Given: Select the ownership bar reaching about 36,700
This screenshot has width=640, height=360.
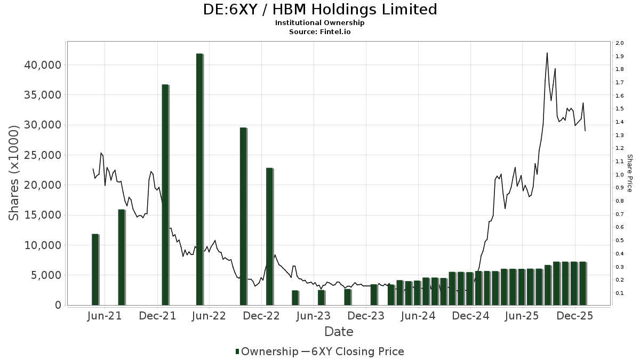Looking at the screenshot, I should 165,195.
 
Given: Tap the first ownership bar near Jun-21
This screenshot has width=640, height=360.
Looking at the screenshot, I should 95,269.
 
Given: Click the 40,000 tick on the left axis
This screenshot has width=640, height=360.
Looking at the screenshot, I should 43,65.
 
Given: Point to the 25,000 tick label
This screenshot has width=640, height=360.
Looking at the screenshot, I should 43,155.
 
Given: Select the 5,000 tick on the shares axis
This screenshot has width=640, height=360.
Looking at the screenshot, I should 46,275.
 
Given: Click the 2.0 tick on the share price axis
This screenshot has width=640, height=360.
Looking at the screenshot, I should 619,43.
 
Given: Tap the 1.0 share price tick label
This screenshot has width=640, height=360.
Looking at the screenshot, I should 619,175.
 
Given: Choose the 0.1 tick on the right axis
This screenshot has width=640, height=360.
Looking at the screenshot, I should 619,293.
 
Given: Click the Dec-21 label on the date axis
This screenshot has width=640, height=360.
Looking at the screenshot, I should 157,316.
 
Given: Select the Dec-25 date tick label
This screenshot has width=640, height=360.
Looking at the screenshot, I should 572,316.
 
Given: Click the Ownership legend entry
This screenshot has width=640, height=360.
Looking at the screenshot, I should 266,351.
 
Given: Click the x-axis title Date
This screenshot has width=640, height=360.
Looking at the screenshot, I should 339,332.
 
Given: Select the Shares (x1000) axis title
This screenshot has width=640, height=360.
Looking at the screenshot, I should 14,173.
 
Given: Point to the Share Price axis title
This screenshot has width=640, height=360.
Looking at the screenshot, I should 629,173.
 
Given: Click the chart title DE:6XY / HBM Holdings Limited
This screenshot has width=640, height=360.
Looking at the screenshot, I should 320,10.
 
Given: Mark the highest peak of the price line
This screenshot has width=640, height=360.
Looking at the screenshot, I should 547,53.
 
